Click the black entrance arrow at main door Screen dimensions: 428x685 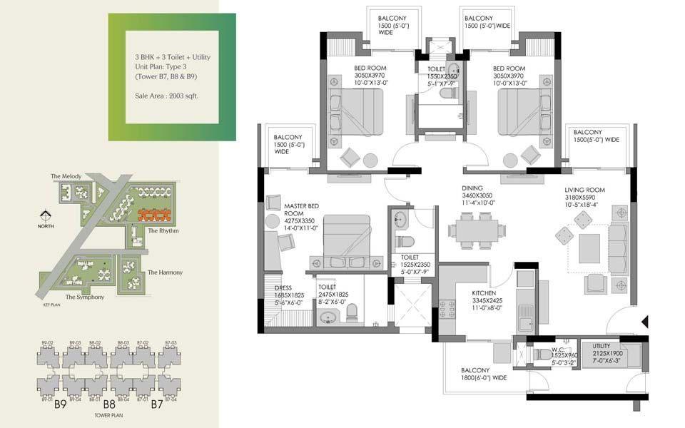point(644,322)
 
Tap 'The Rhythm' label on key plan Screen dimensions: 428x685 point(163,231)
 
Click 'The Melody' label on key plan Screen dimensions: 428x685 point(66,175)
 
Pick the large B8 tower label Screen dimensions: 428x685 point(109,404)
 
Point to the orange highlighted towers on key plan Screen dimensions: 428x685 point(154,215)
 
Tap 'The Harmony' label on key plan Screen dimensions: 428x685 point(165,272)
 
